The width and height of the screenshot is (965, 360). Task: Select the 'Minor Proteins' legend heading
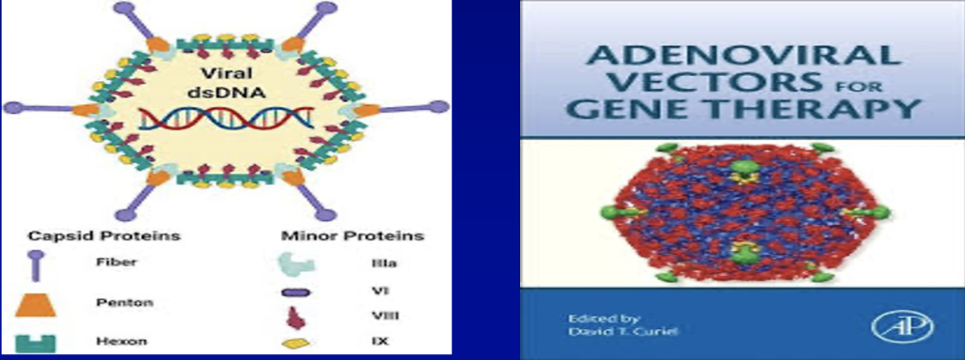pyautogui.click(x=352, y=236)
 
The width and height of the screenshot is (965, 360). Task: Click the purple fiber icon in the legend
pyautogui.click(x=36, y=265)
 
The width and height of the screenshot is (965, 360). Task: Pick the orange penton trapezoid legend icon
pyautogui.click(x=36, y=304)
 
